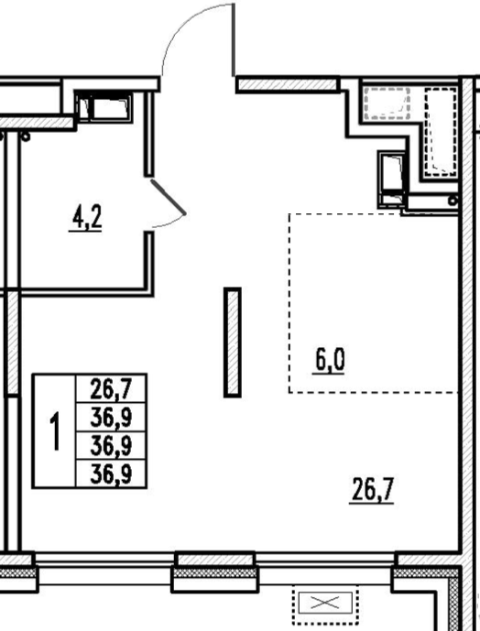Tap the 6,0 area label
point(330,361)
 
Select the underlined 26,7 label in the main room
point(372,490)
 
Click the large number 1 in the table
point(54,431)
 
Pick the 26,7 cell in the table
point(111,388)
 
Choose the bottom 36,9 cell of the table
point(111,474)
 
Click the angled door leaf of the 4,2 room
point(169,197)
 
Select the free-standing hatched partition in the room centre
point(233,343)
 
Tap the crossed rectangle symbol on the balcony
point(325,604)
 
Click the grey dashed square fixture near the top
point(387,103)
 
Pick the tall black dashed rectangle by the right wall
point(441,132)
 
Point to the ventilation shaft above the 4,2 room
point(104,106)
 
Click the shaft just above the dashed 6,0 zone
point(392,180)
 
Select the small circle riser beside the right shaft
point(453,200)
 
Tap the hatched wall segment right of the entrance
point(288,84)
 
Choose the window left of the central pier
point(105,559)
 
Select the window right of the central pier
point(325,559)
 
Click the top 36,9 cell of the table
point(111,418)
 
